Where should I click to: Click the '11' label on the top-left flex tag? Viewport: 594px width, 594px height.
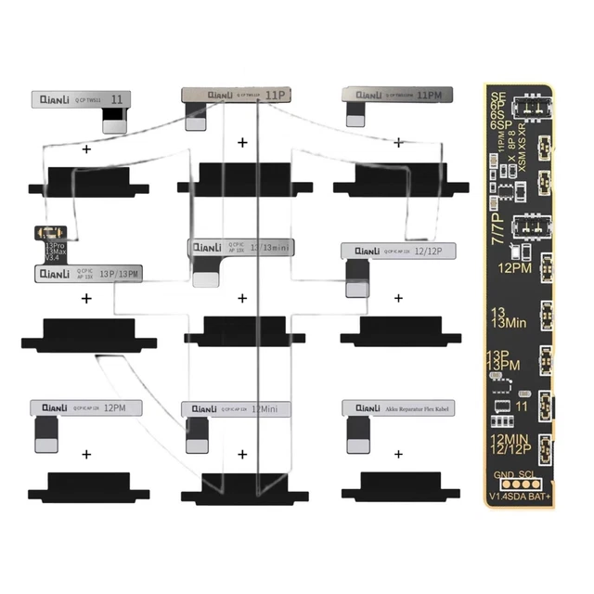pyautogui.click(x=117, y=98)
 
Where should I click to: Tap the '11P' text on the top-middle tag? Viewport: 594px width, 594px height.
pyautogui.click(x=275, y=95)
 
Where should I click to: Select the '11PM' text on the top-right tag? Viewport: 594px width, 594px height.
pyautogui.click(x=430, y=95)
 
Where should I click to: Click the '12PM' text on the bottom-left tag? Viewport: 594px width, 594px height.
pyautogui.click(x=116, y=407)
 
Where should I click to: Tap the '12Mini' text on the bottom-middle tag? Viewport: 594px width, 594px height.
pyautogui.click(x=265, y=408)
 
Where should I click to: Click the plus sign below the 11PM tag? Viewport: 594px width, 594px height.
pyautogui.click(x=398, y=143)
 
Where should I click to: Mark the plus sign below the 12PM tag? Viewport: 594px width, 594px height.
pyautogui.click(x=86, y=455)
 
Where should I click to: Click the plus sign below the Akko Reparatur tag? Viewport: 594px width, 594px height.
pyautogui.click(x=398, y=455)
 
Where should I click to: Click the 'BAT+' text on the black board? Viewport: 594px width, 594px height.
pyautogui.click(x=535, y=494)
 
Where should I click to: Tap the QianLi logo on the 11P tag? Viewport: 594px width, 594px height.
pyautogui.click(x=219, y=95)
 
